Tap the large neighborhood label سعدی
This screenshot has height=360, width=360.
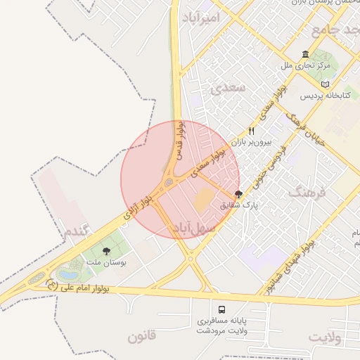point(227,88)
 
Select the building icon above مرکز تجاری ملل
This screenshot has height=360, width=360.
point(305,54)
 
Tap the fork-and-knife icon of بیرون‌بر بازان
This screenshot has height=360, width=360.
point(251,131)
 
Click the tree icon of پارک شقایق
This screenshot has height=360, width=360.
point(238,194)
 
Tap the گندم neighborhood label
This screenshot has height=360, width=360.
point(77,231)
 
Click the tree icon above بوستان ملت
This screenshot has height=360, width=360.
point(106,251)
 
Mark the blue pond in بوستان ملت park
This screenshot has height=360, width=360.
point(68,273)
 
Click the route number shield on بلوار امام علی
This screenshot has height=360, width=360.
point(51,285)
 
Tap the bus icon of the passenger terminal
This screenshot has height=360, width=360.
point(222,309)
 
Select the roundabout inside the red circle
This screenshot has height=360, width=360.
point(169,184)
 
